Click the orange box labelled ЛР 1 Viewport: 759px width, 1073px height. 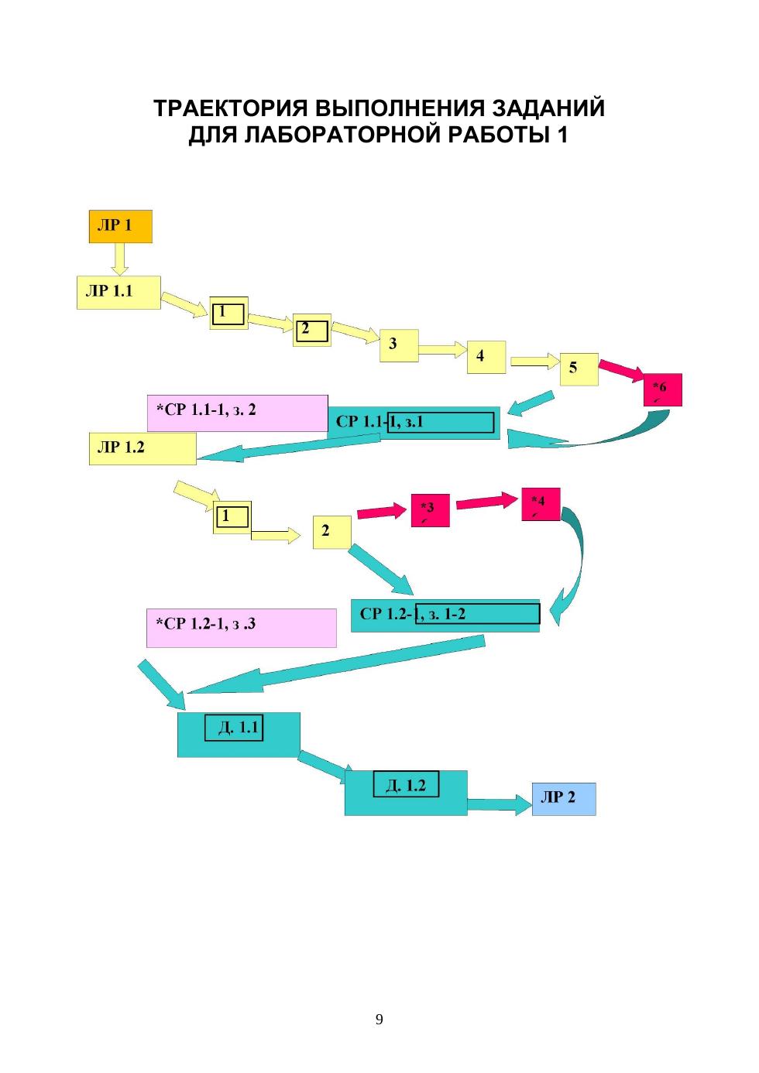tap(120, 226)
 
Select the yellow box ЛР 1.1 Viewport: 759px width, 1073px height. tap(118, 292)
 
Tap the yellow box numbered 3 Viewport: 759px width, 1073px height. tap(399, 345)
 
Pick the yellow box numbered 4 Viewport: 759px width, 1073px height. tap(486, 357)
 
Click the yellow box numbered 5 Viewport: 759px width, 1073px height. tap(579, 369)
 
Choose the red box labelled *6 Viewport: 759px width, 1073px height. tap(662, 389)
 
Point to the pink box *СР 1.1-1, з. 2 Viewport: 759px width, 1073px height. tap(237, 413)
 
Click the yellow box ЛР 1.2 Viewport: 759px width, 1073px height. tap(142, 448)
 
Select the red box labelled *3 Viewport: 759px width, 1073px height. tap(430, 510)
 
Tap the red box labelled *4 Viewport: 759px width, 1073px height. tap(541, 504)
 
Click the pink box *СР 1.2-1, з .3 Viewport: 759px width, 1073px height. tap(241, 627)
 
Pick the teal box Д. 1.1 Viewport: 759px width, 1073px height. tap(239, 735)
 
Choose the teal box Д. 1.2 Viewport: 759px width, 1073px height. tap(406, 792)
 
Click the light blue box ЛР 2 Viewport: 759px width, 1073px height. tap(563, 798)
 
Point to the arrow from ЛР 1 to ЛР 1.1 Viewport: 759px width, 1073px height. tap(118, 259)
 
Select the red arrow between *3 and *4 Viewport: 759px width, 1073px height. tap(486, 502)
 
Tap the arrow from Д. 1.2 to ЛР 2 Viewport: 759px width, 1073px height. tap(499, 804)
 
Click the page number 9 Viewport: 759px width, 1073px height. tap(379, 1019)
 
